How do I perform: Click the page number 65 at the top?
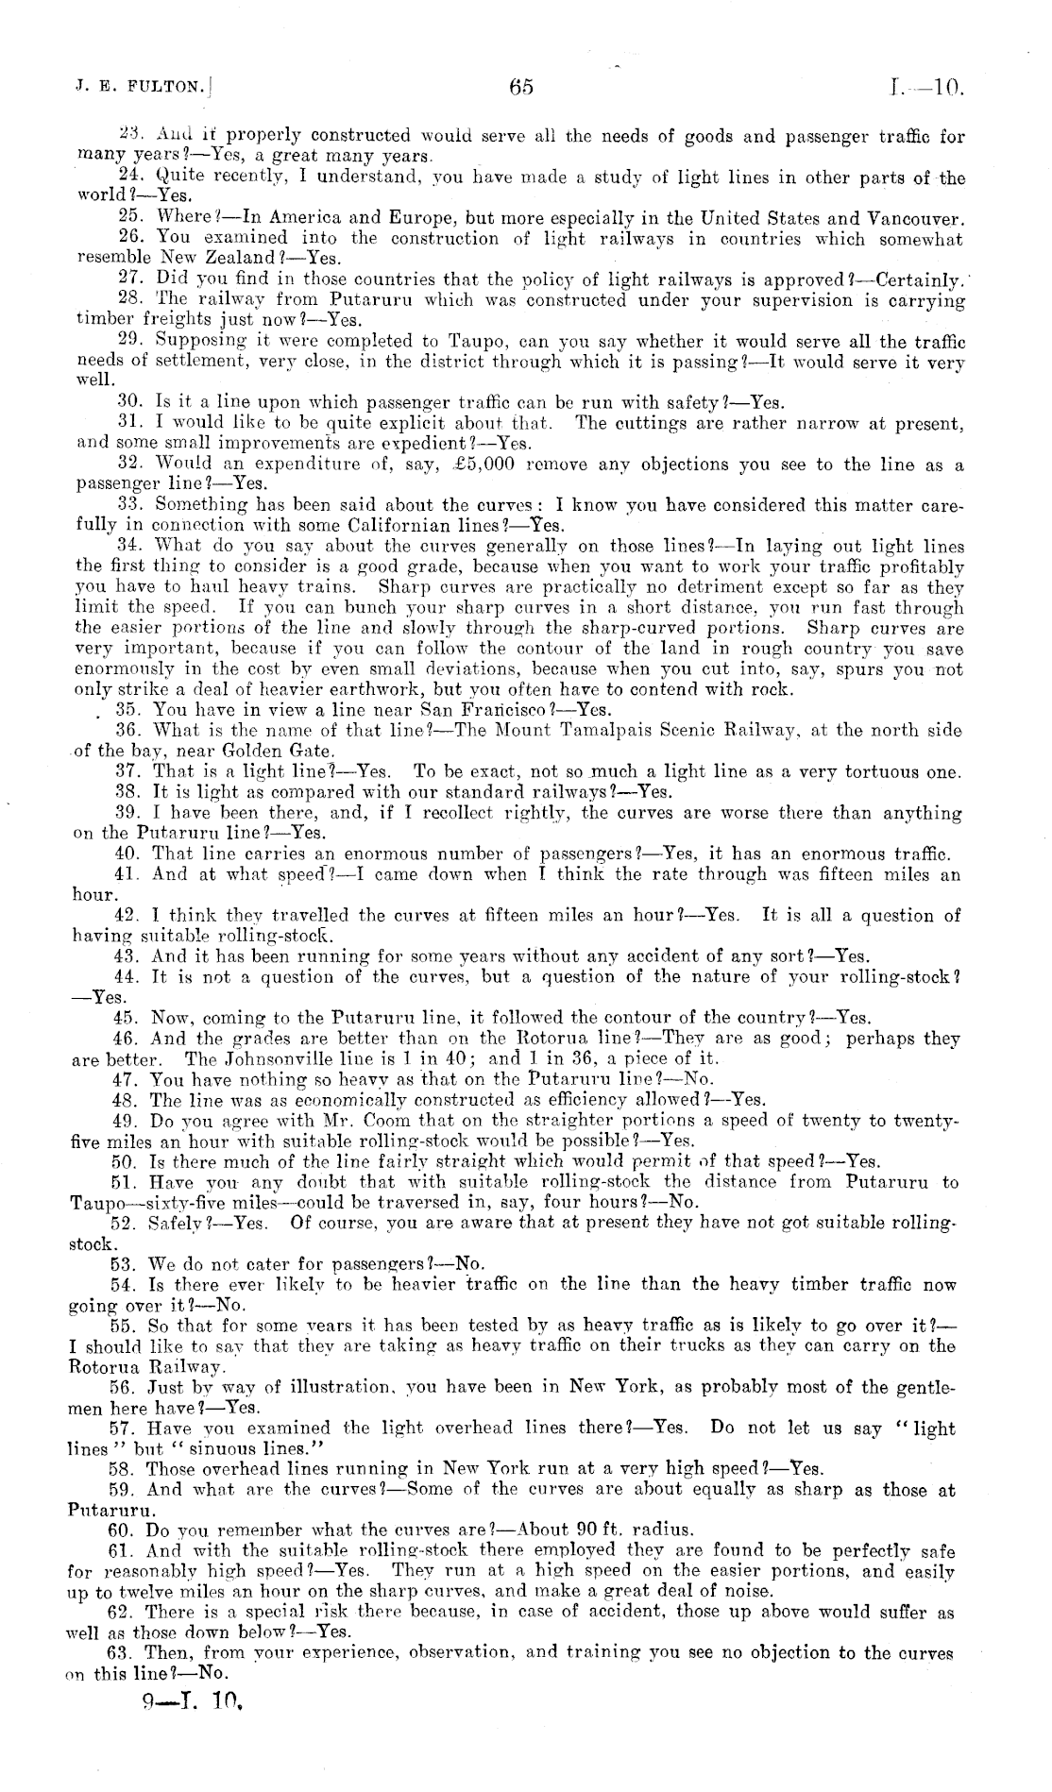coord(521,88)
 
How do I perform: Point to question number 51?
coord(124,1182)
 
